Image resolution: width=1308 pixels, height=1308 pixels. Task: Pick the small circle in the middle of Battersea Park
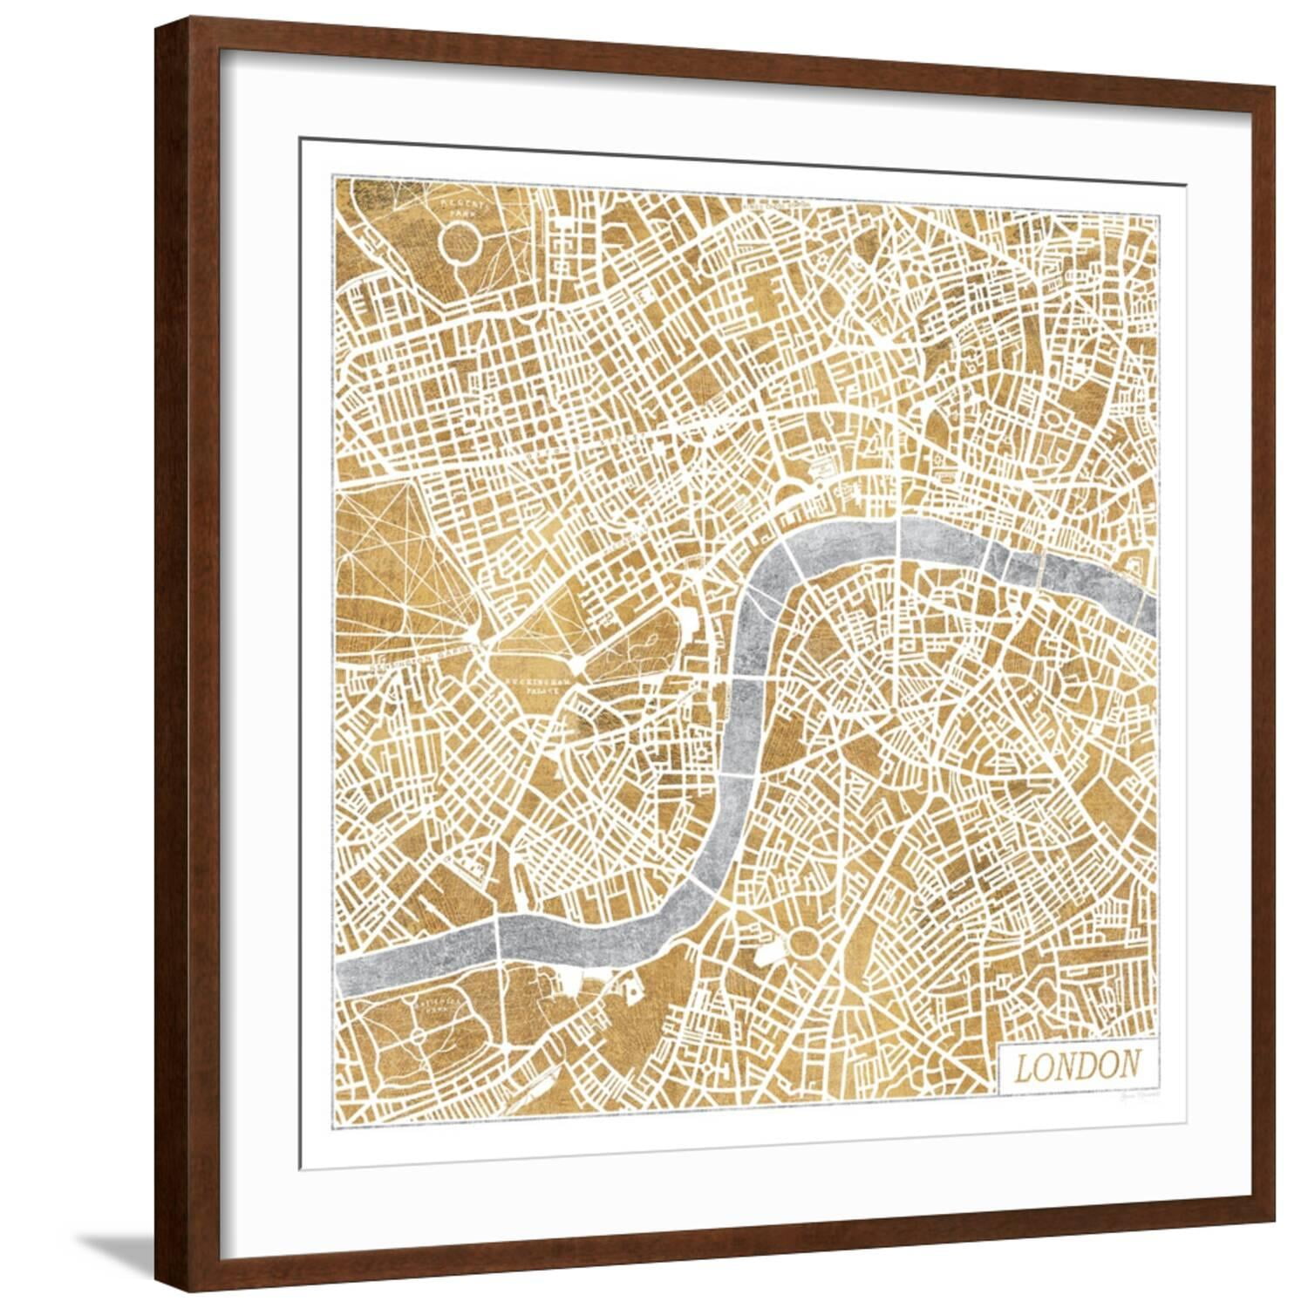click(419, 1034)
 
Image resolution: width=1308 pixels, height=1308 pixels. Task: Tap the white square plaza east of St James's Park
click(689, 622)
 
